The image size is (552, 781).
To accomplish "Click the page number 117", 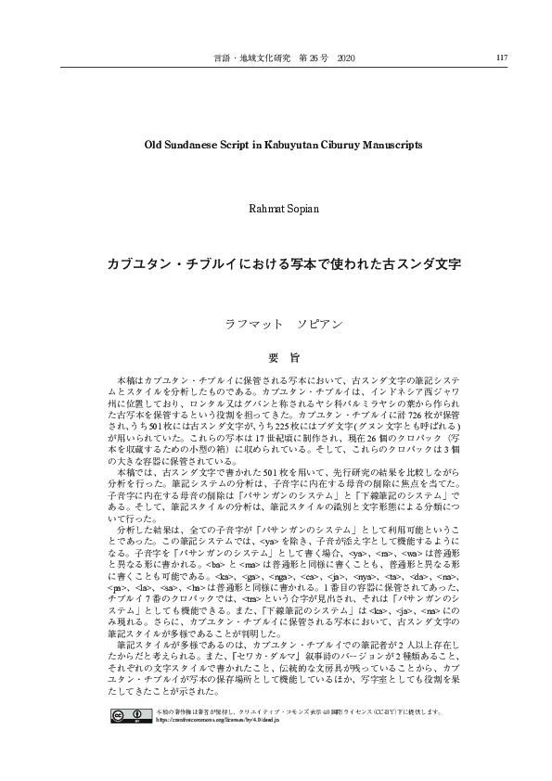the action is pyautogui.click(x=502, y=58).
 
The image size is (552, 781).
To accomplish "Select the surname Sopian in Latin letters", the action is pyautogui.click(x=299, y=209).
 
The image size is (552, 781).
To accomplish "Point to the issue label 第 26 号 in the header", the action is pyautogui.click(x=312, y=58).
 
